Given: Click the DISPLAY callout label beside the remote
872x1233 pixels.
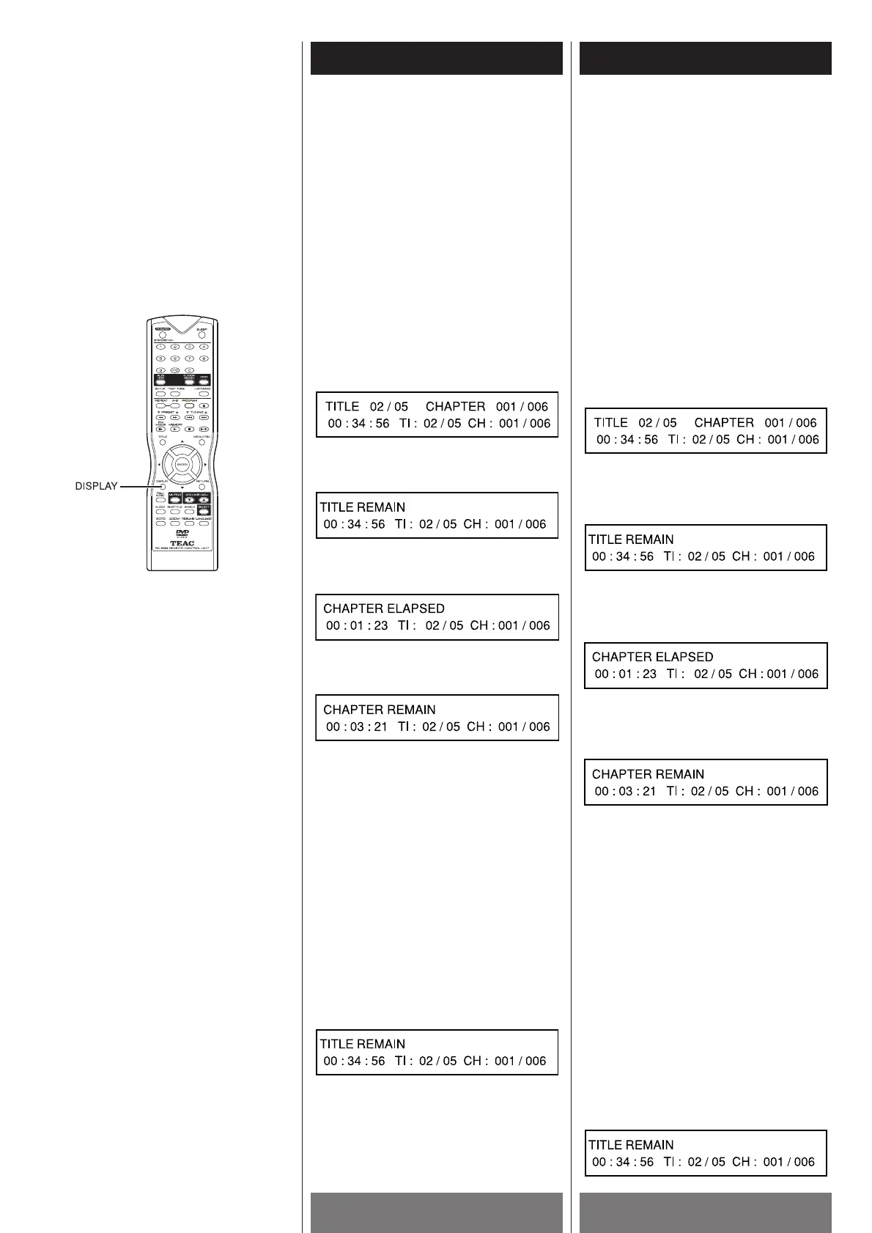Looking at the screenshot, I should coord(97,486).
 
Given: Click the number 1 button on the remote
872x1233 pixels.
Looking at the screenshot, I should coord(160,347).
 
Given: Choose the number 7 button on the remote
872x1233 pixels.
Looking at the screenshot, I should coord(190,358).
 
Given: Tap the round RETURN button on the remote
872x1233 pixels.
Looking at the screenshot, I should coord(202,486).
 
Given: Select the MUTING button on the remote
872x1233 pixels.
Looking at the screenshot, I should coord(175,500).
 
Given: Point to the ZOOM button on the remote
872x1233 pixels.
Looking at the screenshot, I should coord(175,523).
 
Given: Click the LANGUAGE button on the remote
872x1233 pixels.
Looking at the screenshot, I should coord(204,523).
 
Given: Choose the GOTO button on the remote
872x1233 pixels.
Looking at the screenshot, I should coord(160,523).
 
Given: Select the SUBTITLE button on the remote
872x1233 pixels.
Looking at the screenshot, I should coord(175,511).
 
